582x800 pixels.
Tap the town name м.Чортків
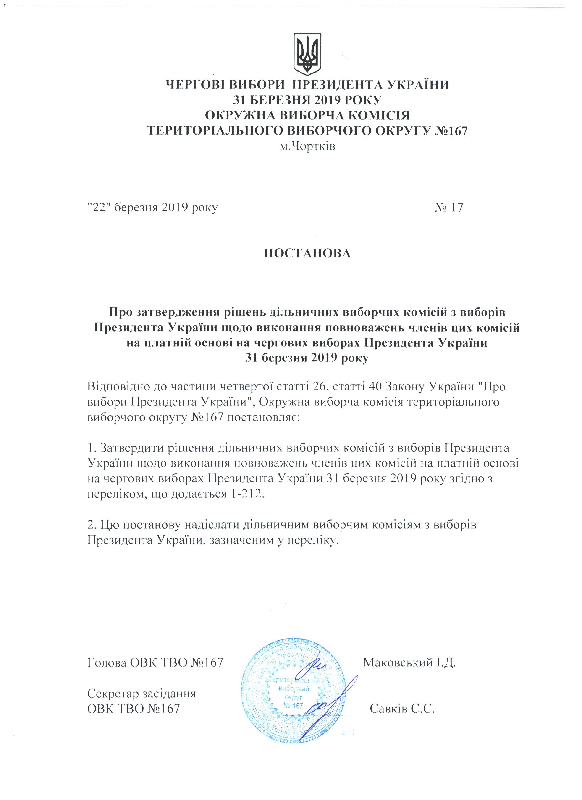[307, 146]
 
